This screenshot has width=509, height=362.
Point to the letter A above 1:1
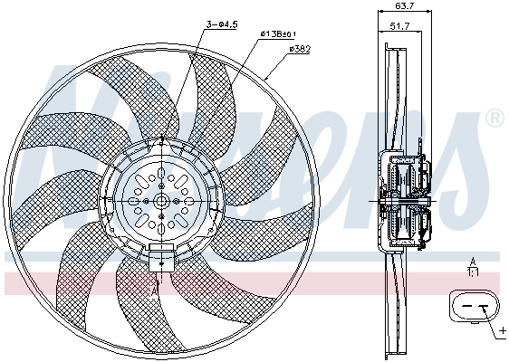(472, 260)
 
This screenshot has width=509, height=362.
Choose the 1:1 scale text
(472, 271)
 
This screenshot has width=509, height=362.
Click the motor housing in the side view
(408, 201)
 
